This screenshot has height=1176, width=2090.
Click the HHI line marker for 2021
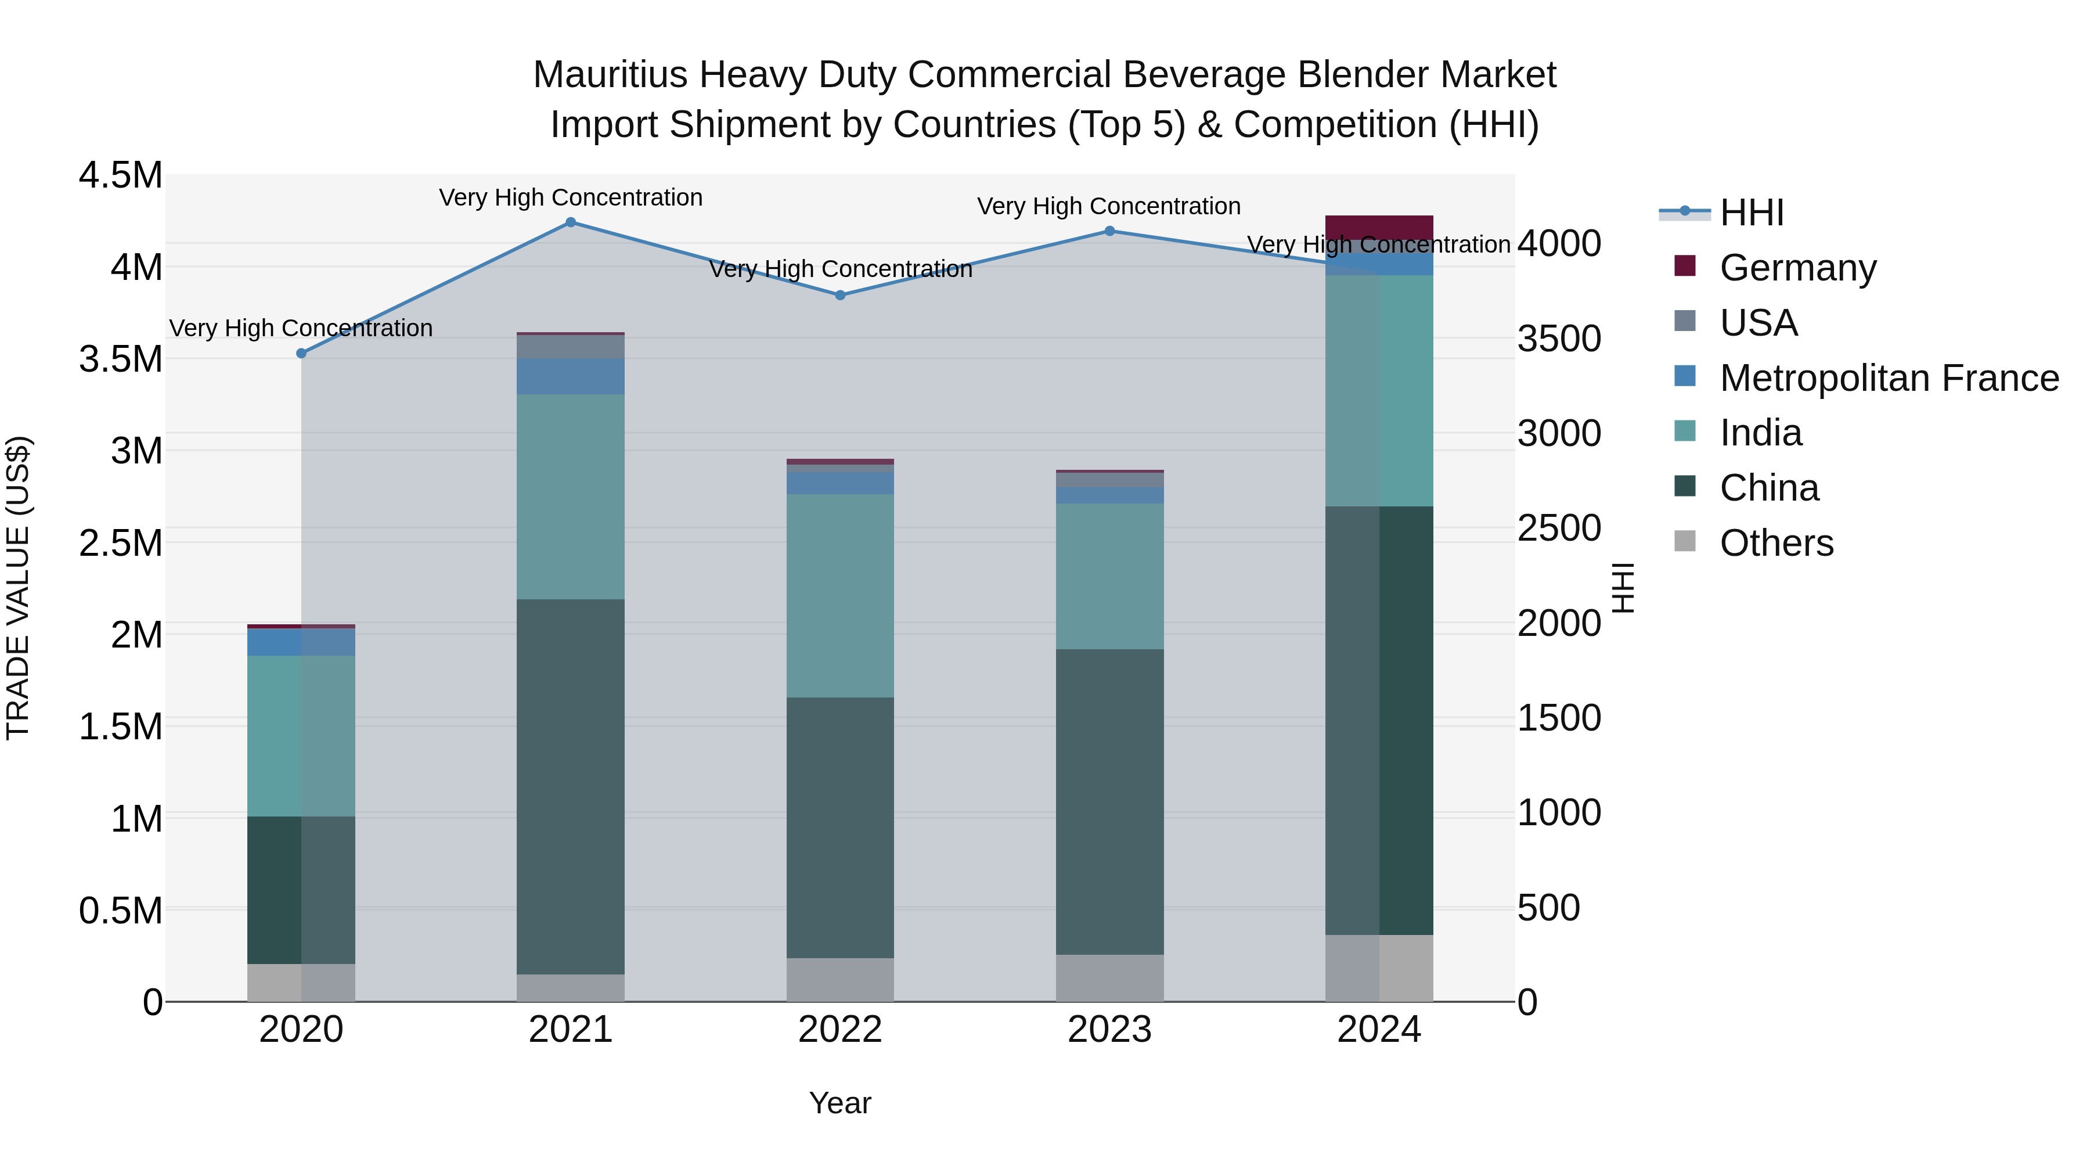(570, 222)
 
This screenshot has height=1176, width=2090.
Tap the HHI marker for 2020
(301, 353)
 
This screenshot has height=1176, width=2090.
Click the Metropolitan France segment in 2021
(570, 376)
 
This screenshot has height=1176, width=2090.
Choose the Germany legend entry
(1797, 268)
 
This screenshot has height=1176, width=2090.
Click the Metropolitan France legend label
(1889, 378)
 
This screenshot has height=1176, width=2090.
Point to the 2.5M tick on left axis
(120, 543)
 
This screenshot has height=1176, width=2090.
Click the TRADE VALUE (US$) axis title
(18, 588)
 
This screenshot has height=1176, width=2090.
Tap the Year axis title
(839, 1103)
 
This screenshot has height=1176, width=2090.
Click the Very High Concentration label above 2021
(570, 198)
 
